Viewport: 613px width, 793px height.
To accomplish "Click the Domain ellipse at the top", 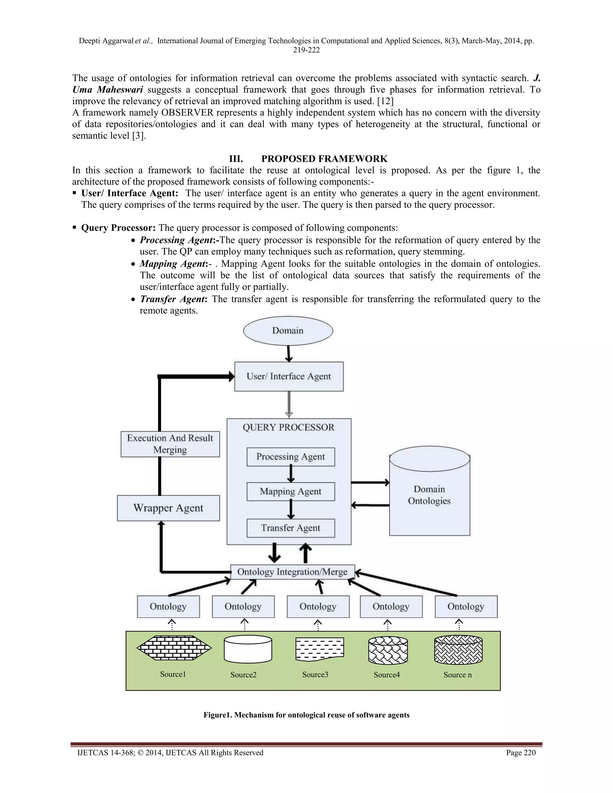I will click(288, 330).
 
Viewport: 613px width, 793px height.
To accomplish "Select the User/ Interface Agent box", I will click(289, 376).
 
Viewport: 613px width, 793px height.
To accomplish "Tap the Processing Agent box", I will click(291, 457).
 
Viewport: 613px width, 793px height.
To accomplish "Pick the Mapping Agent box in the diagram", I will click(291, 492).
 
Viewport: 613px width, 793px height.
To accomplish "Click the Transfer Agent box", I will click(291, 528).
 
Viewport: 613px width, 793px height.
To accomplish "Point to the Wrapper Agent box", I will click(168, 508).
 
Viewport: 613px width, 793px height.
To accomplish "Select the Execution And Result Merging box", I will click(170, 444).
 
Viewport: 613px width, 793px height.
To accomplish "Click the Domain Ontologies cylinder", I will click(429, 496).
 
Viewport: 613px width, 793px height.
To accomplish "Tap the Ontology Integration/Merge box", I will click(292, 572).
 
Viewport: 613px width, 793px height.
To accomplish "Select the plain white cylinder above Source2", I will click(248, 649).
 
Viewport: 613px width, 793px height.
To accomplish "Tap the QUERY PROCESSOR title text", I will click(288, 427).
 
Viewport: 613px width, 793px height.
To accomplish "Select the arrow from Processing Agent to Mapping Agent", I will click(291, 474).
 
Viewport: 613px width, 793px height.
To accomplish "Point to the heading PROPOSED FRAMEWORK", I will click(324, 159).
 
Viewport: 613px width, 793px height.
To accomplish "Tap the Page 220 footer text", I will click(521, 753).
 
